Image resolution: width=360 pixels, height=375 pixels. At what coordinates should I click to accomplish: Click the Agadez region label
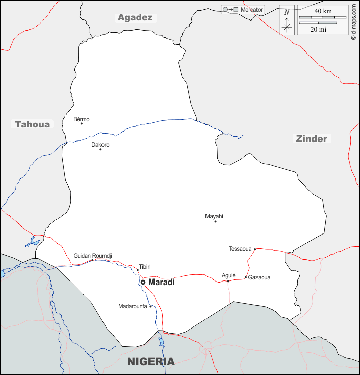(x=135, y=17)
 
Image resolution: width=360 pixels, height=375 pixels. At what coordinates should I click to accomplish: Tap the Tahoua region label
(x=33, y=124)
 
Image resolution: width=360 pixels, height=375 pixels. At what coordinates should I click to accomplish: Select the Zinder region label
(x=312, y=139)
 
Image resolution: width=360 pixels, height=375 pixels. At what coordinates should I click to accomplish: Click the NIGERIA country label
(x=151, y=362)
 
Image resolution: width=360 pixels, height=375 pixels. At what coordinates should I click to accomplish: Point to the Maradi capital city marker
(x=143, y=282)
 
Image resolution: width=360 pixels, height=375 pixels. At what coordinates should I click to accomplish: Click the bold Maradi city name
(x=162, y=282)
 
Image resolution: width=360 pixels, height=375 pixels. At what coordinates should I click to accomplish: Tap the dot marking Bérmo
(x=82, y=124)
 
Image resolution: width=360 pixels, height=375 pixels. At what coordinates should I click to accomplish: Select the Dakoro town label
(x=100, y=145)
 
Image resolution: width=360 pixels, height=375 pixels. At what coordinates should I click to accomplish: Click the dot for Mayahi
(x=215, y=221)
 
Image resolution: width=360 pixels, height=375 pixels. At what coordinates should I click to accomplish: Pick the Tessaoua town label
(x=240, y=249)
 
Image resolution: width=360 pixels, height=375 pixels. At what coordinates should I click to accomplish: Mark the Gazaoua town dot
(x=246, y=277)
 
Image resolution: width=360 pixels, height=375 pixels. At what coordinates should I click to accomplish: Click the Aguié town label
(x=229, y=275)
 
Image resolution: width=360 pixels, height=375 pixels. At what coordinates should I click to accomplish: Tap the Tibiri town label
(x=145, y=267)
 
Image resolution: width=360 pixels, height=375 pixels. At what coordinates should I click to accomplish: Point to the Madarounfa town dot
(x=150, y=306)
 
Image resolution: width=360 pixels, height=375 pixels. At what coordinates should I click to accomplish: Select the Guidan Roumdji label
(x=92, y=256)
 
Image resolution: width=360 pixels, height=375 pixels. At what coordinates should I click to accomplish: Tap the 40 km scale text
(x=323, y=11)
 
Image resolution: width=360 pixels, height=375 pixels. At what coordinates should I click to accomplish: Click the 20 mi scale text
(x=318, y=29)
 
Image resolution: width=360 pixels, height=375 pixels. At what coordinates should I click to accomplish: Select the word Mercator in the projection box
(x=252, y=10)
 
